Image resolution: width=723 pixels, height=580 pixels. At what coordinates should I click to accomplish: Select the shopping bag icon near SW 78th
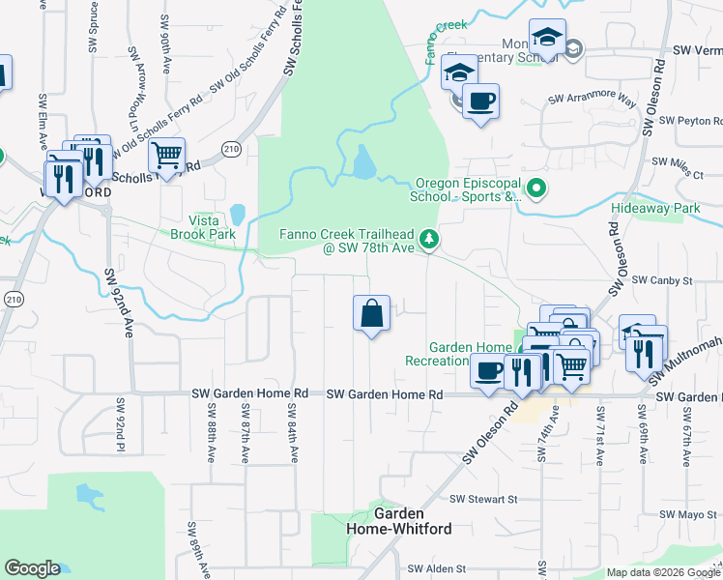[371, 313]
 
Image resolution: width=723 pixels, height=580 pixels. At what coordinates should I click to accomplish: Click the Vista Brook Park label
[203, 227]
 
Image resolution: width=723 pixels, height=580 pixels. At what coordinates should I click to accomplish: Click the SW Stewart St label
[484, 499]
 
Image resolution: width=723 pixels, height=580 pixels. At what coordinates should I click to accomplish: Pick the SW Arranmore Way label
[593, 100]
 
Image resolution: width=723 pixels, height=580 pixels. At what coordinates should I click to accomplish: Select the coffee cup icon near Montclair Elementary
[480, 100]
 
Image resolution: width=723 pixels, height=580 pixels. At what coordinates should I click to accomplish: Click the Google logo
[32, 568]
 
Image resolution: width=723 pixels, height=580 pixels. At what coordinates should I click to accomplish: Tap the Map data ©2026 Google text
[663, 572]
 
